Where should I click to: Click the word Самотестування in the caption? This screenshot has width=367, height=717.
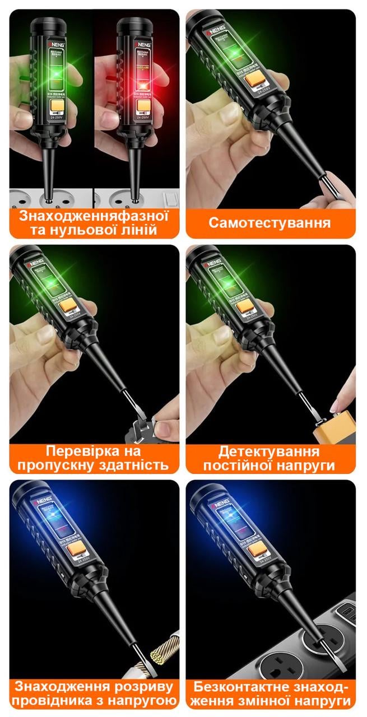270,222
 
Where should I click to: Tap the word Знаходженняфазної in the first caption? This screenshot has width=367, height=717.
94,216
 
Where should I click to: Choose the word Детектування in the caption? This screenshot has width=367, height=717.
269,451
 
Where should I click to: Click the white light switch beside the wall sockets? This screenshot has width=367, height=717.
168,198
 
